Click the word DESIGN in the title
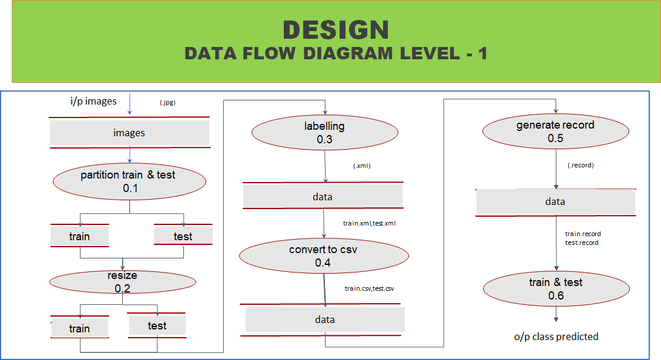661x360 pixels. (x=335, y=30)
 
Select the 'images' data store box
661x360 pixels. (x=129, y=133)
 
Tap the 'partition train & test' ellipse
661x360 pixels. (x=129, y=181)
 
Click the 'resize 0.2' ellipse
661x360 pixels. (x=122, y=282)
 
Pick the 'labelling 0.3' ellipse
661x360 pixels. (x=324, y=132)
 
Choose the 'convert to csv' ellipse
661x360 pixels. (x=323, y=256)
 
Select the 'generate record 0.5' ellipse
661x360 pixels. (x=555, y=132)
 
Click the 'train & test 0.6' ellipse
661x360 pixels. (x=555, y=289)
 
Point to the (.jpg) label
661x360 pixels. (x=168, y=103)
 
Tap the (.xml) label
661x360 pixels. (x=362, y=166)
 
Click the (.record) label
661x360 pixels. (x=581, y=165)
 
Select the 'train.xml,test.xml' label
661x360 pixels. (x=372, y=224)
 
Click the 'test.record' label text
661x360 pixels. (x=582, y=243)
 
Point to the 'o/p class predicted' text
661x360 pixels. (x=556, y=337)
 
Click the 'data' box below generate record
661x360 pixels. (x=555, y=201)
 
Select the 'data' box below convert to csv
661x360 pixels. (x=325, y=319)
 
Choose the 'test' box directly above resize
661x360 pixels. (x=183, y=236)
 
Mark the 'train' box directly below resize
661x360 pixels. (x=79, y=328)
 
